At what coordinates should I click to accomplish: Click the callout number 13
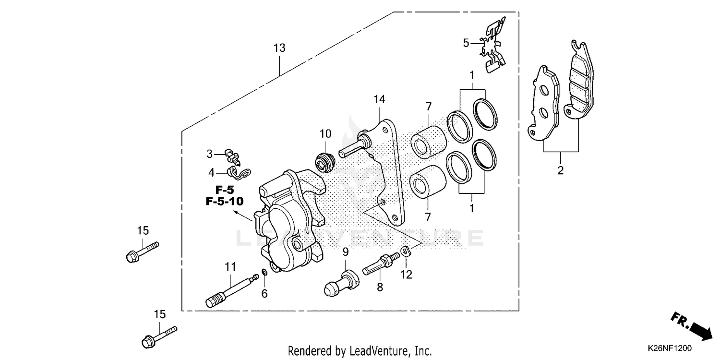click(279, 48)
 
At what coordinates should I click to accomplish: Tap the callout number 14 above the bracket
click(379, 99)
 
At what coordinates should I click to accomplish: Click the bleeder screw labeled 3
click(233, 155)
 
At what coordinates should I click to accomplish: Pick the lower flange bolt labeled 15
click(159, 336)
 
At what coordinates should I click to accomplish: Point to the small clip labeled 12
click(406, 251)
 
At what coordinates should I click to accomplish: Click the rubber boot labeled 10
click(325, 161)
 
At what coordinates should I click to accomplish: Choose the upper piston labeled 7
click(428, 134)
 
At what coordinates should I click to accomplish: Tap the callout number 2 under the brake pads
click(560, 170)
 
